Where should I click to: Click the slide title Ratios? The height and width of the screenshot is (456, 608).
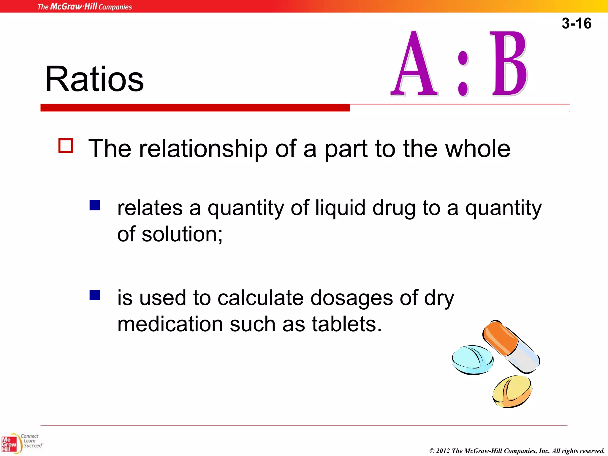[94, 79]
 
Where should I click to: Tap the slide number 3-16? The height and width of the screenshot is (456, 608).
[576, 23]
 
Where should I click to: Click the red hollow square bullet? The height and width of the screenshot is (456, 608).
[66, 146]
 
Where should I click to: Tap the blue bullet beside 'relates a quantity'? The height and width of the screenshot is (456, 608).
[95, 205]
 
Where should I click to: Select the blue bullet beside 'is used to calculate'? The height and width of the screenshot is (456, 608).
[95, 295]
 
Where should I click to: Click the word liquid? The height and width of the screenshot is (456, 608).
[340, 208]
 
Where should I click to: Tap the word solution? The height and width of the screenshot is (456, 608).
[182, 234]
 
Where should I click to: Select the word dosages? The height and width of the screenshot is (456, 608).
[351, 298]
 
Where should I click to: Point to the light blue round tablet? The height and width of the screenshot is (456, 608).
[472, 360]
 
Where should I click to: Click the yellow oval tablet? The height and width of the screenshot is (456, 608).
[512, 391]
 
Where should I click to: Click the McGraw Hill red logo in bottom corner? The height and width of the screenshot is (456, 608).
[9, 444]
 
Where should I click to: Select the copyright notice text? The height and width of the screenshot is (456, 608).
[517, 451]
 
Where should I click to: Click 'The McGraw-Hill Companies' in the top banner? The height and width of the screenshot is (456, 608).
[85, 7]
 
